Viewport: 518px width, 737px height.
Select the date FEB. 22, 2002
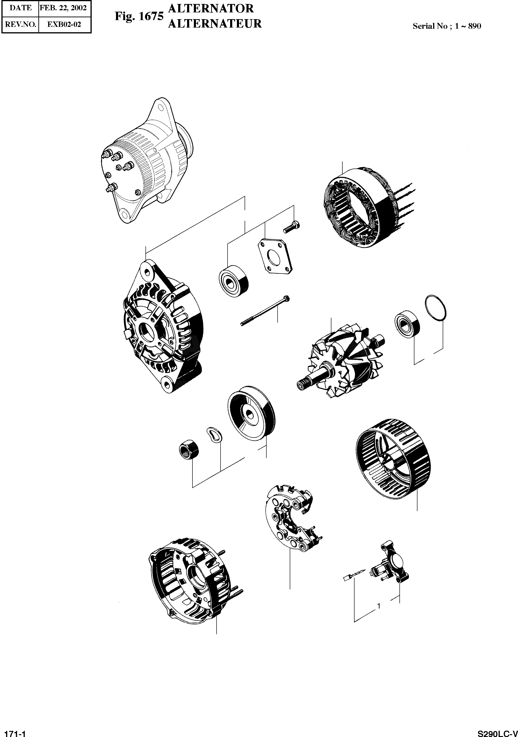[63, 8]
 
